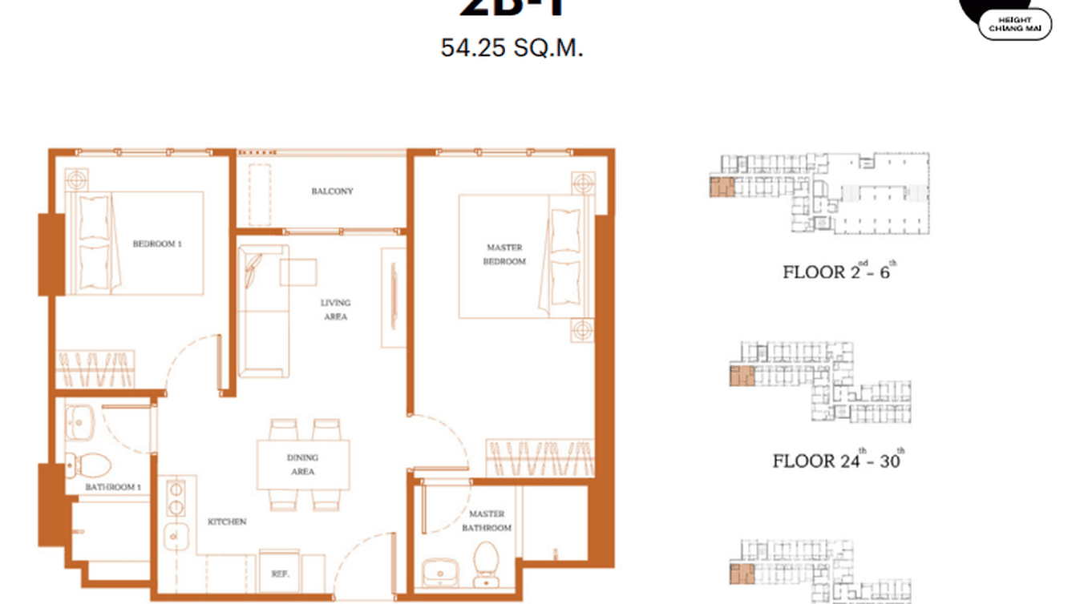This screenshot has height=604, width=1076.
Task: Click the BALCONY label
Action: click(332, 191)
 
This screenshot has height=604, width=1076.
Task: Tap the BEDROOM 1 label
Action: click(157, 244)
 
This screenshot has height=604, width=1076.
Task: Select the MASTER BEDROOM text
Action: click(504, 255)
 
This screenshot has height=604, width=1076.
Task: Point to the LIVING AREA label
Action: click(335, 309)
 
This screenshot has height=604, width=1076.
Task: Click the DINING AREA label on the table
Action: click(302, 465)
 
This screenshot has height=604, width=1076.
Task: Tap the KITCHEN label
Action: click(227, 521)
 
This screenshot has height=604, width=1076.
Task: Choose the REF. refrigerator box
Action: click(280, 573)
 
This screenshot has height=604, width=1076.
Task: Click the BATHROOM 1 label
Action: click(114, 487)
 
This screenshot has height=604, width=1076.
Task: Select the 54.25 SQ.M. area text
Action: click(512, 48)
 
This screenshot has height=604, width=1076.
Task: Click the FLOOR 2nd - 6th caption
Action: click(839, 272)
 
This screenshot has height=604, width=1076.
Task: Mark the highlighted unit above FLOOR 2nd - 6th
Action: click(722, 188)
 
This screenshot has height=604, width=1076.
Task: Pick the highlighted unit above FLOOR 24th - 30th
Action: click(742, 375)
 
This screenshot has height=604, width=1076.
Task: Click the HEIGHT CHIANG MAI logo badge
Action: click(1014, 25)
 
